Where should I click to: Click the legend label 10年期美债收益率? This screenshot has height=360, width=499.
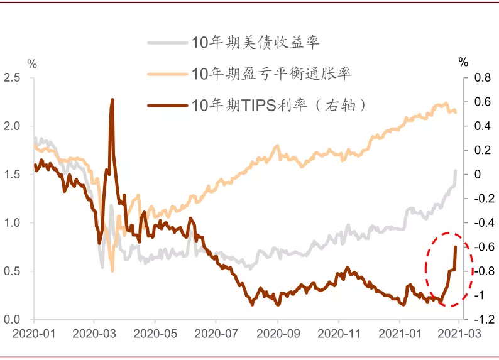(255, 43)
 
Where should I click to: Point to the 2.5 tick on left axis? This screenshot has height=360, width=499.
(13, 77)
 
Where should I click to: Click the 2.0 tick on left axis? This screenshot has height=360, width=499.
(13, 126)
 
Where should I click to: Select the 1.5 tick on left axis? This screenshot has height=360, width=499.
(13, 174)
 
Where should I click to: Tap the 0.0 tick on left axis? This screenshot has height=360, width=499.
(13, 319)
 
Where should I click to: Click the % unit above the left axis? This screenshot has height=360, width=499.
(33, 63)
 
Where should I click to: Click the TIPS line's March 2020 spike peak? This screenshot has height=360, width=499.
(112, 99)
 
